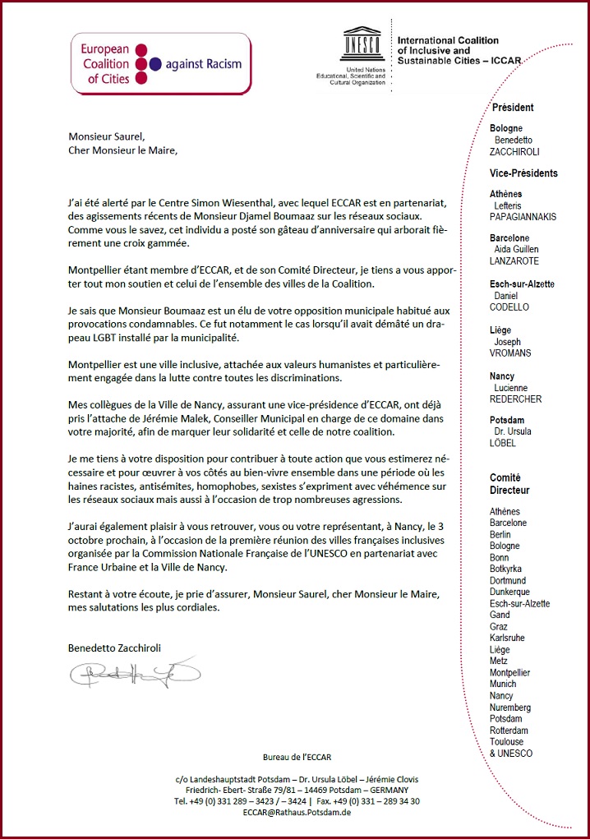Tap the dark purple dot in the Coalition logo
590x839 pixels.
[154, 64]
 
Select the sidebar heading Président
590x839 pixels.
[513, 108]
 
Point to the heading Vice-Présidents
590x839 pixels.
[523, 173]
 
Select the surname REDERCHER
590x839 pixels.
[515, 399]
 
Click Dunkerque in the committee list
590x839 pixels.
[510, 592]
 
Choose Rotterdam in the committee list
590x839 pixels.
[509, 730]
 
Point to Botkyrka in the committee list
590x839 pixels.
[507, 569]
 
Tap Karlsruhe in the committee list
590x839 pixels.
[507, 638]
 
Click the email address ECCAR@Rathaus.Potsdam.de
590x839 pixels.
[297, 812]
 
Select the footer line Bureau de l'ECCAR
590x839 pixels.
[297, 757]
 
